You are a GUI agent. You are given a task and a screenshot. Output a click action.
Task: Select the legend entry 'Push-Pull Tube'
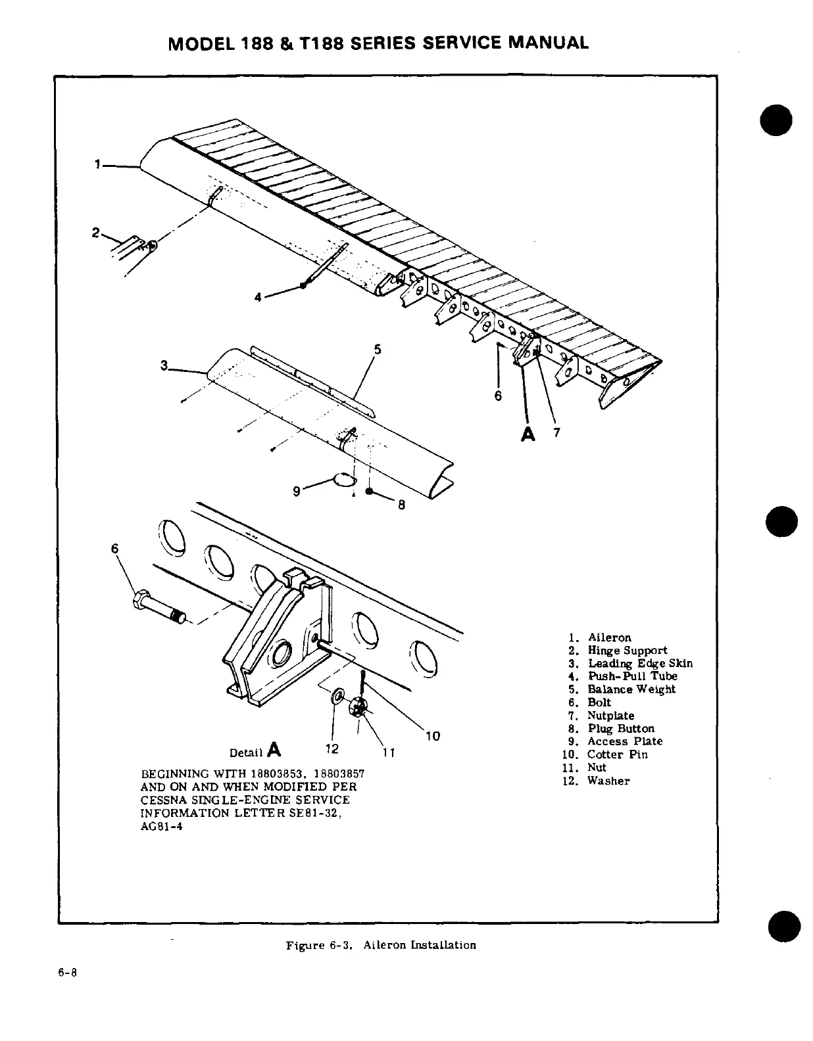click(631, 676)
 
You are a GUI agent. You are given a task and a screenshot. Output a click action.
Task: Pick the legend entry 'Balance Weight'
click(631, 689)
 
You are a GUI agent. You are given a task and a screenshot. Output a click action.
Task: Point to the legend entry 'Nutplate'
click(610, 716)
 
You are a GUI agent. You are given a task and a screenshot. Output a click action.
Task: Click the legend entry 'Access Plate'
click(624, 741)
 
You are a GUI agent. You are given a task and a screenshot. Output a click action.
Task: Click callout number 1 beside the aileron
click(97, 165)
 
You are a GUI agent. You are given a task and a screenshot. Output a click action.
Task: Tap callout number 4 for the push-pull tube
click(259, 297)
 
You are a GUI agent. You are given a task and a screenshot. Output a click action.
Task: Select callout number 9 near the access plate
click(297, 490)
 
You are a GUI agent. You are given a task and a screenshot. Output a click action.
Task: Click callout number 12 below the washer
click(332, 749)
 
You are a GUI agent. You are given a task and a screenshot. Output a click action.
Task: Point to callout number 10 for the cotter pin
click(433, 736)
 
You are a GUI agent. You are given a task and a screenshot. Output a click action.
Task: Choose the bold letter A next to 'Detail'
click(274, 750)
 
